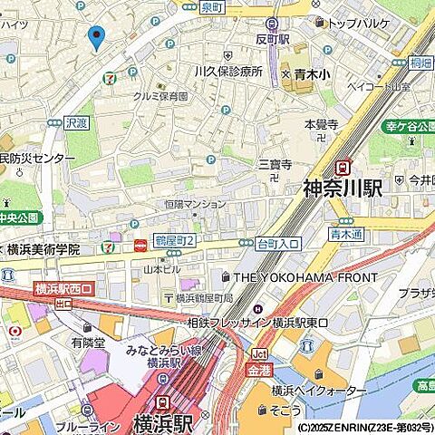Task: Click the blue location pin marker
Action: tap(95, 38)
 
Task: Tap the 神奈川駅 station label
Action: tap(342, 188)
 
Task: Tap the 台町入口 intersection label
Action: tap(279, 244)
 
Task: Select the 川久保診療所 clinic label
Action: tap(227, 71)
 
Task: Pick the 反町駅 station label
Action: tap(271, 40)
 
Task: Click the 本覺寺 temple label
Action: tap(321, 124)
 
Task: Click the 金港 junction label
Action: tap(259, 370)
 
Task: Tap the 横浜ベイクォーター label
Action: tap(312, 390)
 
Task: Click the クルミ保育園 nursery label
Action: tap(160, 96)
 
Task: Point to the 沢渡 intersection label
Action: tap(77, 121)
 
